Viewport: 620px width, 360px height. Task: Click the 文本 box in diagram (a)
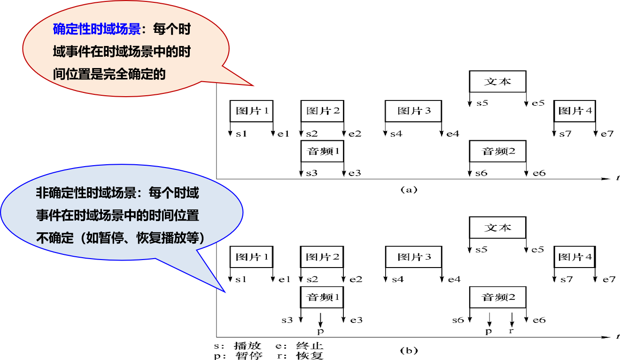(497, 82)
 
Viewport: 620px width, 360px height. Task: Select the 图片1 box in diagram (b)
(251, 257)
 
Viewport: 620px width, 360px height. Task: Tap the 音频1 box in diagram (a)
(323, 152)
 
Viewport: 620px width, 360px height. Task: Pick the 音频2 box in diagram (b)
(498, 297)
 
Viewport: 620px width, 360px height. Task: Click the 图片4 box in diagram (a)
(575, 111)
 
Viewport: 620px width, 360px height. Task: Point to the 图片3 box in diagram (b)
(414, 257)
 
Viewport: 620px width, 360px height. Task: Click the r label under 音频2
(512, 331)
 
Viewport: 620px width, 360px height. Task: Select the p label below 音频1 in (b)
(320, 331)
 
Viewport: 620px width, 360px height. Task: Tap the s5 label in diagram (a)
(482, 103)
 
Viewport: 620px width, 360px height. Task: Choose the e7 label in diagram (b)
(609, 279)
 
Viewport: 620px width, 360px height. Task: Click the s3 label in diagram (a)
(312, 173)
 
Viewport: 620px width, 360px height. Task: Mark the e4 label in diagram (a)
(453, 134)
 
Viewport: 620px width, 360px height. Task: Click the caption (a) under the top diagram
(408, 190)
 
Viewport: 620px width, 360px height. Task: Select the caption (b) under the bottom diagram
(408, 350)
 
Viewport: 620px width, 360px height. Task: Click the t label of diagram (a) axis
(617, 178)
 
